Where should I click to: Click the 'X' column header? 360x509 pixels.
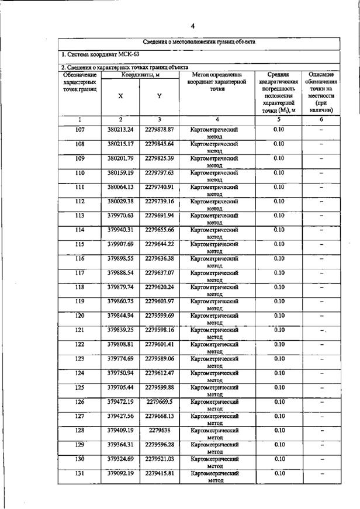click(120, 96)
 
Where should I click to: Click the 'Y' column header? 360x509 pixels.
click(160, 96)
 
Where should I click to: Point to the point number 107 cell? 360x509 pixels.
click(80, 130)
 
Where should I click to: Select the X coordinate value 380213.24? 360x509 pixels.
click(120, 130)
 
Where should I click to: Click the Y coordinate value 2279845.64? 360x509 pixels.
click(160, 144)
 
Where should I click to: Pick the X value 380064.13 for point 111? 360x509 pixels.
click(120, 187)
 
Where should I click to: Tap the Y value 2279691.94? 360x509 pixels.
click(160, 216)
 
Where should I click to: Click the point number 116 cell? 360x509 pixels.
click(80, 258)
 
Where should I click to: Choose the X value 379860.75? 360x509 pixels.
click(120, 302)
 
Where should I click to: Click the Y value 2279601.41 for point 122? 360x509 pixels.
click(160, 344)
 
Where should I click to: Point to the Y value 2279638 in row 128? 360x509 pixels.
click(160, 430)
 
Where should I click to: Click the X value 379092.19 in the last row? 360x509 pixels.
click(120, 473)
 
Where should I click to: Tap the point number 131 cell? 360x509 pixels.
click(80, 473)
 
